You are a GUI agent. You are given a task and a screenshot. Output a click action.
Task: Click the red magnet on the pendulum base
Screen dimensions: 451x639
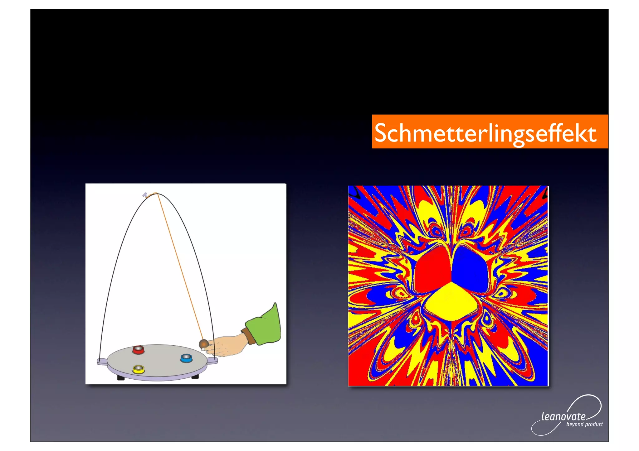(x=138, y=350)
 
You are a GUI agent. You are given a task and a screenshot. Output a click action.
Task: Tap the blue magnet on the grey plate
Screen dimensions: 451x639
(x=186, y=358)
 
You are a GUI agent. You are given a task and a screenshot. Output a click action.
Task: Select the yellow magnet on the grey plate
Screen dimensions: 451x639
(x=138, y=369)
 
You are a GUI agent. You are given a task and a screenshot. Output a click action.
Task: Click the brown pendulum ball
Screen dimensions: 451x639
(x=204, y=344)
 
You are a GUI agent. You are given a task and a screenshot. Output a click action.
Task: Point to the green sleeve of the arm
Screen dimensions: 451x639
(x=264, y=326)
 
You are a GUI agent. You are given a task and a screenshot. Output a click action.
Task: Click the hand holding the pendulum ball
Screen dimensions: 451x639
(x=226, y=346)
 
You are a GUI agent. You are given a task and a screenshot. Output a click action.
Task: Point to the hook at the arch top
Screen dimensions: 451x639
(x=145, y=195)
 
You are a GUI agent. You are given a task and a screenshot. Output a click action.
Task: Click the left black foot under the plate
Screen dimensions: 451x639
(x=121, y=378)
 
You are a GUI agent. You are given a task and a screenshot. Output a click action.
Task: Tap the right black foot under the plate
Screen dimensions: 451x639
(x=195, y=377)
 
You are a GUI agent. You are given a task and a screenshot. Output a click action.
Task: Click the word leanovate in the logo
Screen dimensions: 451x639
(x=563, y=416)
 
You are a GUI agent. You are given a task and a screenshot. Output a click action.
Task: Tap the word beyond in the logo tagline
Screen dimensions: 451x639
(x=575, y=425)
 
